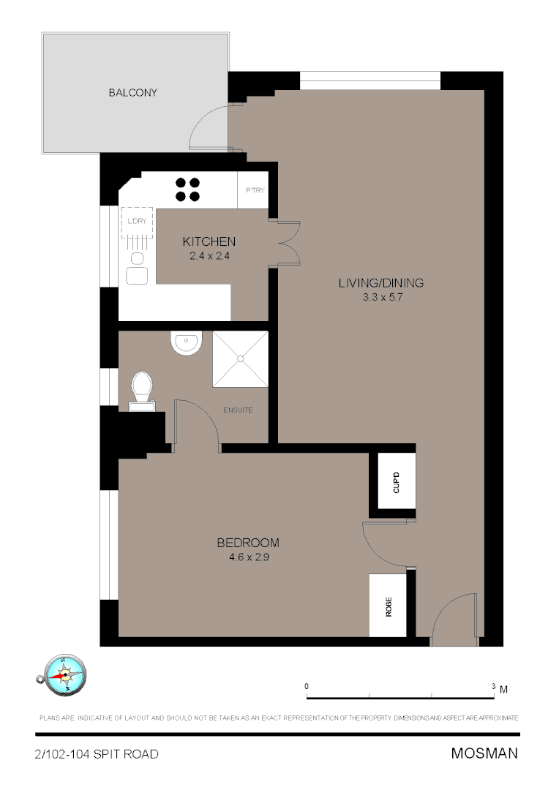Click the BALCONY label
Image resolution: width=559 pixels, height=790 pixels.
tap(133, 93)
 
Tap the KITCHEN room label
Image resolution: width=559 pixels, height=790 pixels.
tap(209, 241)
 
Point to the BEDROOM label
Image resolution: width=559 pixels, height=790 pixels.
tap(248, 543)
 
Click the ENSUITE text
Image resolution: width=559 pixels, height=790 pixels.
tap(238, 410)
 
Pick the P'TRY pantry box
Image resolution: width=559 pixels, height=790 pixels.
tap(255, 191)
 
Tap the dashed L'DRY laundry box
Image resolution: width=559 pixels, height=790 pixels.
tap(137, 222)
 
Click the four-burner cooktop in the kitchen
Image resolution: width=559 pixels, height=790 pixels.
tap(187, 189)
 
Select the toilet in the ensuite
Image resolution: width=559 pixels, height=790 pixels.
tap(141, 388)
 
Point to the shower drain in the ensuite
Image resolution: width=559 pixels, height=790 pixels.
tap(240, 358)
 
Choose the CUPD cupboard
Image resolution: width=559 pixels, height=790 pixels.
tap(397, 482)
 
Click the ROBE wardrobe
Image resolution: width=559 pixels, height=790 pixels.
tap(388, 606)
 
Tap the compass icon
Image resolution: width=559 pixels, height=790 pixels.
tap(64, 674)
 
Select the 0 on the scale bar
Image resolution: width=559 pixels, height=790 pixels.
tap(307, 687)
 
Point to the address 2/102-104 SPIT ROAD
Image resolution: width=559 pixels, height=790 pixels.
tap(97, 754)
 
